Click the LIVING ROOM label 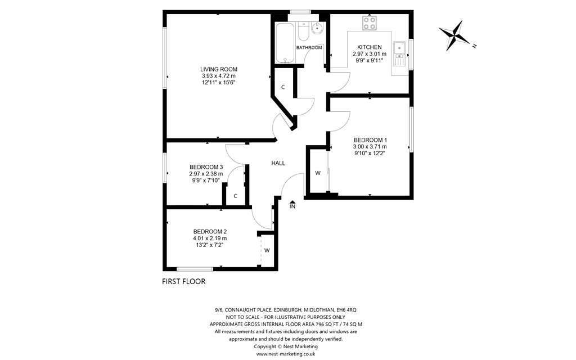[x=219, y=69]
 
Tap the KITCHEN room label [x=370, y=47]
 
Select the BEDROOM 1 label [x=370, y=140]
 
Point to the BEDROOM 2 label [x=210, y=231]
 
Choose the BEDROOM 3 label [x=206, y=166]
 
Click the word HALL [x=278, y=163]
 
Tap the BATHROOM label [x=309, y=47]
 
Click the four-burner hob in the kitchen [x=370, y=23]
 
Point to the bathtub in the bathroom [x=285, y=43]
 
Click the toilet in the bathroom [x=303, y=31]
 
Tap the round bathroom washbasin [x=316, y=27]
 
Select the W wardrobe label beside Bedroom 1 [x=318, y=173]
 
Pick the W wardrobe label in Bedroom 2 [x=267, y=250]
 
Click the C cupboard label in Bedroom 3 [x=235, y=196]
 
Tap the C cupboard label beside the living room [x=283, y=87]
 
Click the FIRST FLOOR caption [x=184, y=281]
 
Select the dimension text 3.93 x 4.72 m [x=219, y=76]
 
